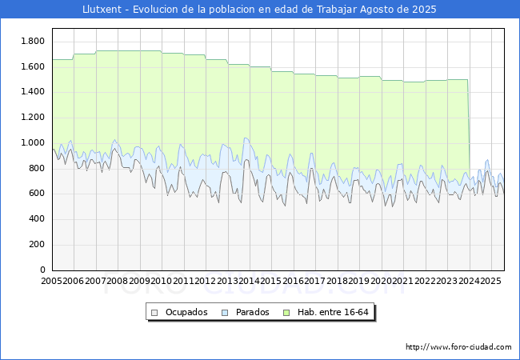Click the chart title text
point(260,10)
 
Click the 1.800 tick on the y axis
point(32,41)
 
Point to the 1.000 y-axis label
point(32,142)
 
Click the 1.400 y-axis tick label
point(32,92)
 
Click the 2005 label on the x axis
point(52,281)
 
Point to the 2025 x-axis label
point(490,281)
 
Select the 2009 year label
point(140,281)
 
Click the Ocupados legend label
point(186,312)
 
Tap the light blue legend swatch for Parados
point(225,312)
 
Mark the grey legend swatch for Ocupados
point(154,312)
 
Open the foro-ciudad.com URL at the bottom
point(458,347)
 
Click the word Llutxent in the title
point(102,10)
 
